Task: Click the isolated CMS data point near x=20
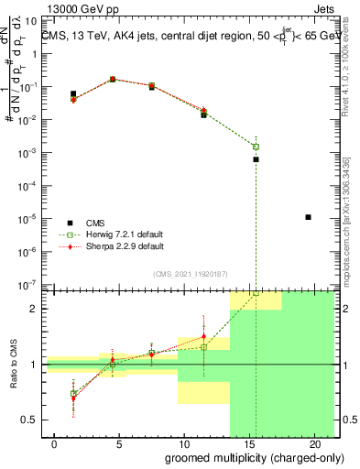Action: (309, 217)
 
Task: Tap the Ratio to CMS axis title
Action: (13, 364)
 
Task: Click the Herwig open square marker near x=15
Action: (256, 147)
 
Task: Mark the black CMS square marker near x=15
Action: (256, 159)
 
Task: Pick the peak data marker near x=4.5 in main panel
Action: (113, 80)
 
